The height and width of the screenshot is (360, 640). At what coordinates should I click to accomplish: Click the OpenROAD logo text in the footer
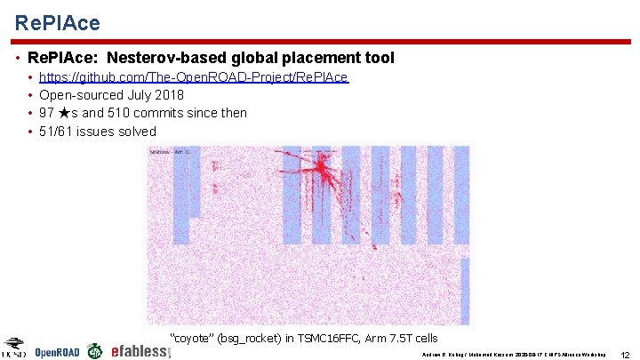click(57, 352)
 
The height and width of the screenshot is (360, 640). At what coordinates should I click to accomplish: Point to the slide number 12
click(625, 354)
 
